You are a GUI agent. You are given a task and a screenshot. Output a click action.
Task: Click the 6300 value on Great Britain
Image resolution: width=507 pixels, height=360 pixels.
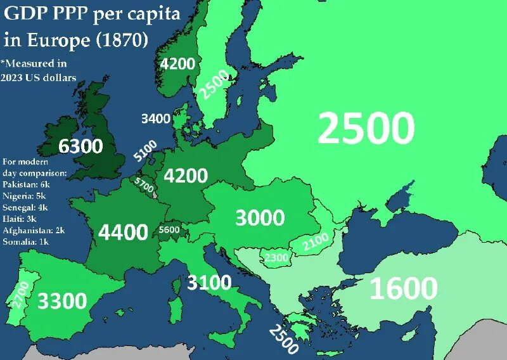point(80,146)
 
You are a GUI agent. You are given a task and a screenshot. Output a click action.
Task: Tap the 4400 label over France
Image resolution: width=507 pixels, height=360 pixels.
point(123,233)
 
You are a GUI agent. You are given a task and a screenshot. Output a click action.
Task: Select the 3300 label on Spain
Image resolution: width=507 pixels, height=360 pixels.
point(62,300)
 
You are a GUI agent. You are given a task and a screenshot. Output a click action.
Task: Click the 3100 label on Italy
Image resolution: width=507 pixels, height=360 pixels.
point(209,282)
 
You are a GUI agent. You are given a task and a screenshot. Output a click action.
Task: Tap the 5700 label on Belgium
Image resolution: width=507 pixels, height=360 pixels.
point(144,184)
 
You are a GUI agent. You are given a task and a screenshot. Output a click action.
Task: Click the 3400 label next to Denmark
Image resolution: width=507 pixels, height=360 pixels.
point(155,119)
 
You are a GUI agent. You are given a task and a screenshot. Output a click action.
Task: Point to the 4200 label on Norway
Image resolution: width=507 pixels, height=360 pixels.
point(177,63)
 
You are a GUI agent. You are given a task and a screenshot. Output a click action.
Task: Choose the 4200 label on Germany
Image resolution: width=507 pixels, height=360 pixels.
point(186,176)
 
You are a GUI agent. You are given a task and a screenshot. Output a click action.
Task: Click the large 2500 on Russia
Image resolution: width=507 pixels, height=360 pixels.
point(366,129)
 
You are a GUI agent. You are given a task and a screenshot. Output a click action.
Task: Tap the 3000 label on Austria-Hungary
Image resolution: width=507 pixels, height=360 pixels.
point(260,218)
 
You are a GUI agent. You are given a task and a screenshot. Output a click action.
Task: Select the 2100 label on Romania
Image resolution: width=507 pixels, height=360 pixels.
point(315,241)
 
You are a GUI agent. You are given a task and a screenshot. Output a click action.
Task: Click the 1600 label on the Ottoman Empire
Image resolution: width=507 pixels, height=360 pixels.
point(403,289)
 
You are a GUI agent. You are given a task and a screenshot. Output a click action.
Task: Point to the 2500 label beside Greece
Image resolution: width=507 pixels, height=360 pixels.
point(283,338)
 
